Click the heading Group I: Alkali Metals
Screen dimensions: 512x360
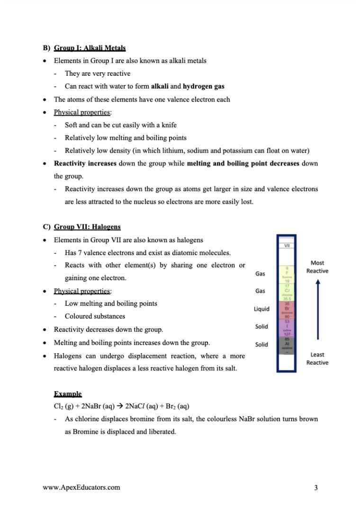pos(90,48)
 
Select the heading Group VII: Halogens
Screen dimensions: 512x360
pos(87,227)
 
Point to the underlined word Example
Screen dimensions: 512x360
pos(68,394)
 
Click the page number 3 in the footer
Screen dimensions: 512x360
pos(315,487)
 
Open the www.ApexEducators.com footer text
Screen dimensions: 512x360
pos(81,487)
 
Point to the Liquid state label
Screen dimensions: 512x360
pos(261,309)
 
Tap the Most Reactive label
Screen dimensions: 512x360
pos(317,266)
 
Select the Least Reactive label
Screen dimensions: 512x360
pos(317,358)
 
